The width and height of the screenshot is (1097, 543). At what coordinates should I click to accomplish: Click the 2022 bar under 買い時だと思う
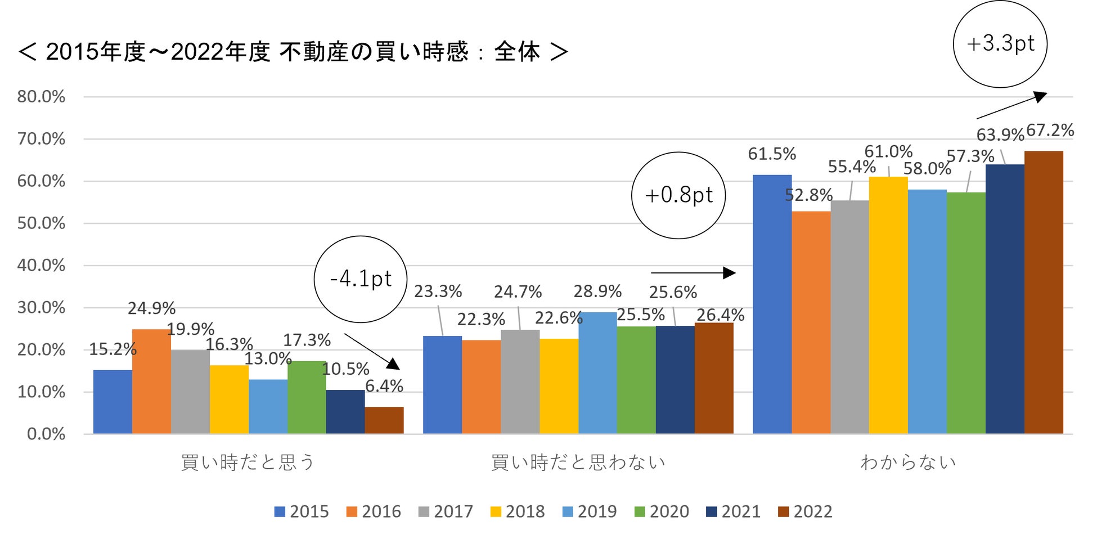tap(384, 420)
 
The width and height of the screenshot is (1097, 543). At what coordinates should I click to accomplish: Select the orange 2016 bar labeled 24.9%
tap(151, 382)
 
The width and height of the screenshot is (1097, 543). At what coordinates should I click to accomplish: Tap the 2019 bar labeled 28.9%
tap(597, 373)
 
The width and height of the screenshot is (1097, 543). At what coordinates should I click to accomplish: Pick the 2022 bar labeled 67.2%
tap(1044, 293)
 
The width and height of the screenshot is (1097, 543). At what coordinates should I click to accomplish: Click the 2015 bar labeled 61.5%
tap(772, 304)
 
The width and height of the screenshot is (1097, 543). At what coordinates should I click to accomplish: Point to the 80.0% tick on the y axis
tap(41, 97)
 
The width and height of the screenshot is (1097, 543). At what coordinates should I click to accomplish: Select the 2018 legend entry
tap(518, 511)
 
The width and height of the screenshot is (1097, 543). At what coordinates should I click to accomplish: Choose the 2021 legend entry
tap(734, 511)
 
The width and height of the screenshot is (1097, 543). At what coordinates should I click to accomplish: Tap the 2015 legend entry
tap(302, 511)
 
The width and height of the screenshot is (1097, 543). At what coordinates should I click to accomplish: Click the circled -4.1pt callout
tap(360, 279)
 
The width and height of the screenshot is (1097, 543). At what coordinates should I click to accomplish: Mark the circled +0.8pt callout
tap(678, 195)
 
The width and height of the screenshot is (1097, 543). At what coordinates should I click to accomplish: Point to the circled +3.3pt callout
tap(1000, 44)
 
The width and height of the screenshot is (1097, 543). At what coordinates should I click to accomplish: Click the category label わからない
tap(908, 463)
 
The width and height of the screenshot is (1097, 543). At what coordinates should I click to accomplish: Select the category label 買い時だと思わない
tap(578, 463)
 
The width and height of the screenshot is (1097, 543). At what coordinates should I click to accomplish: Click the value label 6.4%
tap(384, 386)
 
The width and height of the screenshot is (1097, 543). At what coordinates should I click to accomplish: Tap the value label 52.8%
tap(808, 195)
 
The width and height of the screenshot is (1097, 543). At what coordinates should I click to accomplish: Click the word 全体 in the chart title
tap(517, 52)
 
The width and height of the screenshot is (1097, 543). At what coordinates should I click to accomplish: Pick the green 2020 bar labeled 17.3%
tap(307, 397)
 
